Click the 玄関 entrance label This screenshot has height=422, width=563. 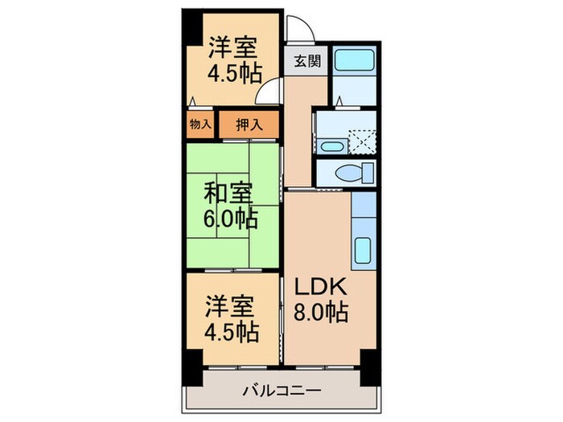(306, 60)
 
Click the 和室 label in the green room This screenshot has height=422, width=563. (228, 194)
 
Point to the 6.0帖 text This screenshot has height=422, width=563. (230, 218)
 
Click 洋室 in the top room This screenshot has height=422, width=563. (233, 46)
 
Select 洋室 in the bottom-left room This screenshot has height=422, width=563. (230, 306)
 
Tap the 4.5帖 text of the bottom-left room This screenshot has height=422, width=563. (231, 331)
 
